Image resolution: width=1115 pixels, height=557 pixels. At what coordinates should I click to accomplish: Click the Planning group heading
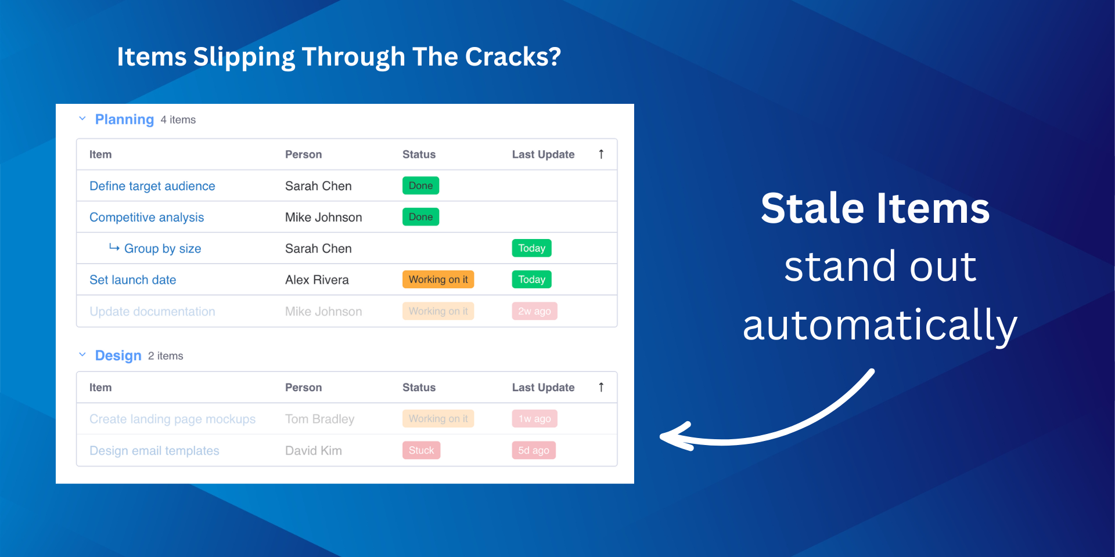point(124,120)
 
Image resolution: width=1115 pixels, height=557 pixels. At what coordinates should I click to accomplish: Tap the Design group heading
point(118,356)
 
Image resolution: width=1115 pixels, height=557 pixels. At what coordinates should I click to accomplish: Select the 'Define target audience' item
point(152,186)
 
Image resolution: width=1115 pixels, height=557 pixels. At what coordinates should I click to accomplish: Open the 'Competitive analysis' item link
point(146,218)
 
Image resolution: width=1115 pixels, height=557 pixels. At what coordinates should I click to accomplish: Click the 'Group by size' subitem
point(163,249)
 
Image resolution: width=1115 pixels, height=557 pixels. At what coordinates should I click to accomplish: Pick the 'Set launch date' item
point(132,280)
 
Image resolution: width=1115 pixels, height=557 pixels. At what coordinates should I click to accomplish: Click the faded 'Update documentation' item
point(152,312)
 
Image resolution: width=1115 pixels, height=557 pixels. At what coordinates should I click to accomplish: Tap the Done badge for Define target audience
point(420,186)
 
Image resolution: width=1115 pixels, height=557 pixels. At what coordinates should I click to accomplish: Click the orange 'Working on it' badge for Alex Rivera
point(438,280)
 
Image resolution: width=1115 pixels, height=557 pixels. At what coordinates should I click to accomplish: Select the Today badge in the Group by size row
point(531,248)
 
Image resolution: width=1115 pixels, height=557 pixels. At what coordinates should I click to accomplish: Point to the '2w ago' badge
point(534,312)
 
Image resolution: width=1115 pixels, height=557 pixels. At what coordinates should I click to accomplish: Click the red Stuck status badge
point(421,450)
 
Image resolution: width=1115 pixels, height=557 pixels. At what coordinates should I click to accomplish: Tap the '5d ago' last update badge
point(534,450)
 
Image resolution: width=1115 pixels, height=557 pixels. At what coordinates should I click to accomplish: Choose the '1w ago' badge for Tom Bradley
point(534,419)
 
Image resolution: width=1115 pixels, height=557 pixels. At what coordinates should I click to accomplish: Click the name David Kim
point(314,451)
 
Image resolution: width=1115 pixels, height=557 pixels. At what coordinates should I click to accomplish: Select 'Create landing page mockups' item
point(172,419)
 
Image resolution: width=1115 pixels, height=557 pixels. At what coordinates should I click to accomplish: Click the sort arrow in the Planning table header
point(601,154)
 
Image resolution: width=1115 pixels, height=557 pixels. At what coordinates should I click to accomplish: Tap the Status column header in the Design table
point(419,388)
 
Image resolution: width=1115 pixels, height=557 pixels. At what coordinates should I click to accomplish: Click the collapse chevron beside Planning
point(82,119)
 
